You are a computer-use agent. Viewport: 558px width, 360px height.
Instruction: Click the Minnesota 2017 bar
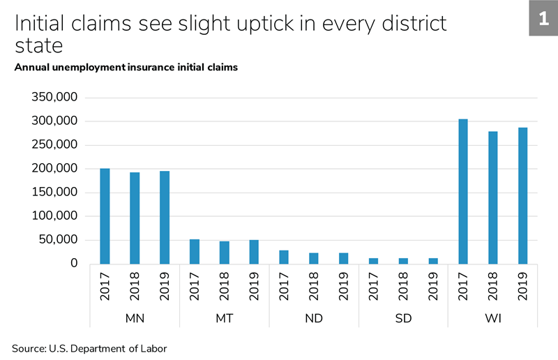(x=105, y=216)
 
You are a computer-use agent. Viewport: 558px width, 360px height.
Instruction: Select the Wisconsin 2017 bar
(x=463, y=191)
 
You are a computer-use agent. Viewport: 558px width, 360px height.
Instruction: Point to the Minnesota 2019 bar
(x=165, y=217)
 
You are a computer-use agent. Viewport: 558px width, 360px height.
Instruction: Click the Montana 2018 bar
(x=225, y=253)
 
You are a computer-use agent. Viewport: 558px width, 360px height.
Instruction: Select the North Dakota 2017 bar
(x=284, y=257)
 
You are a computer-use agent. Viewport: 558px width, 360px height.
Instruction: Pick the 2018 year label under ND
(x=314, y=287)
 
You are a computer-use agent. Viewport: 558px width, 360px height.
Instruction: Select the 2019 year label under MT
(x=254, y=287)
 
